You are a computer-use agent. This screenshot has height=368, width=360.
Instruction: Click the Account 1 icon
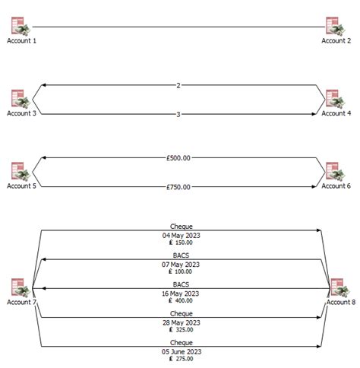tap(21, 27)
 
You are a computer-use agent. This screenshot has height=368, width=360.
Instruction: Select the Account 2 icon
tap(335, 27)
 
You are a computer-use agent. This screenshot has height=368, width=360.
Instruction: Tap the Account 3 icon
tap(21, 99)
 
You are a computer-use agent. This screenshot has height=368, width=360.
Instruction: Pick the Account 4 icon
tap(335, 99)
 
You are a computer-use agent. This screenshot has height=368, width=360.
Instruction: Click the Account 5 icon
tap(21, 171)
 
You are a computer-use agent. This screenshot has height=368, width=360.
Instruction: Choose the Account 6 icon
tap(335, 171)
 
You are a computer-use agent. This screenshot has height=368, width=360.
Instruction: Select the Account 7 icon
tap(21, 288)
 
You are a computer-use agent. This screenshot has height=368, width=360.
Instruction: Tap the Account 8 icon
tap(339, 288)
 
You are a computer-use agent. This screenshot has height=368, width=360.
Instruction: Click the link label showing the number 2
tap(178, 85)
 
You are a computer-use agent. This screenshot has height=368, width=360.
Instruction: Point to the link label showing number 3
tap(178, 114)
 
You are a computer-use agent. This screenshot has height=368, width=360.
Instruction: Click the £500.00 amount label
tap(178, 158)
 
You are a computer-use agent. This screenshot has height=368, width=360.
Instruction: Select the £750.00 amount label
tap(178, 187)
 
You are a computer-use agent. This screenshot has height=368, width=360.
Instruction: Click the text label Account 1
tap(21, 41)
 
